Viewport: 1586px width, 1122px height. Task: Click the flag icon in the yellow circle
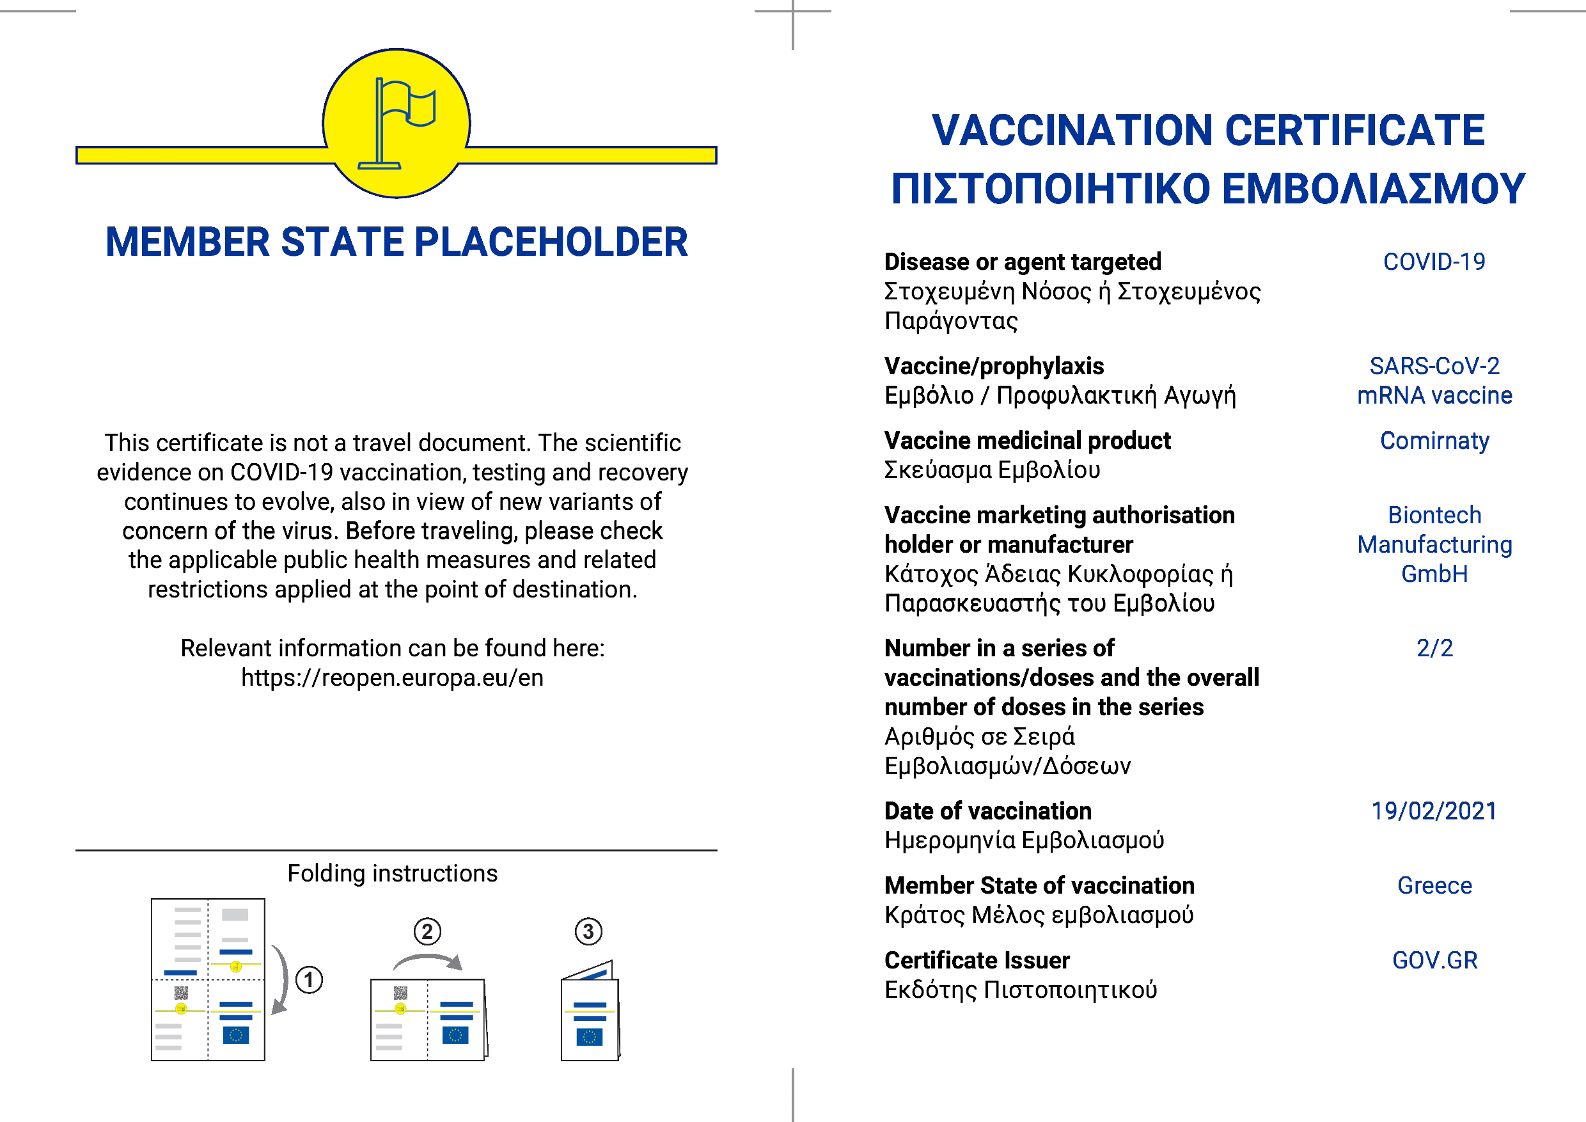396,123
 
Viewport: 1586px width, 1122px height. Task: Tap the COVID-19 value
1434,262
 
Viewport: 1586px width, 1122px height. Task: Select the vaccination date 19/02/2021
1434,810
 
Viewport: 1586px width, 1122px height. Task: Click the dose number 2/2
1434,648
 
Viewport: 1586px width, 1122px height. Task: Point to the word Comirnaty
1434,441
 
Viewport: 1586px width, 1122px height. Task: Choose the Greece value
1434,885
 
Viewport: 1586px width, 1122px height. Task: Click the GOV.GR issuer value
1434,960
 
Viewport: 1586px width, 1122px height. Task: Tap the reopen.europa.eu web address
393,678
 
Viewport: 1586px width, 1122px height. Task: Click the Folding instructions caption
393,873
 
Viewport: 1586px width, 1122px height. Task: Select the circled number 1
309,980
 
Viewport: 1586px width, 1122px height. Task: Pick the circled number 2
428,931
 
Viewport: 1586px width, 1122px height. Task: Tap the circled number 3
588,931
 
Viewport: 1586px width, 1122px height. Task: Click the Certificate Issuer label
977,960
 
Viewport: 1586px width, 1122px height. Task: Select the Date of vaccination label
988,810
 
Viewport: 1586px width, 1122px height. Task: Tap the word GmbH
1434,574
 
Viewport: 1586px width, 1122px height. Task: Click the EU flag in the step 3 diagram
589,1036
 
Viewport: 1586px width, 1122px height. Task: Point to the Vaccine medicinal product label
1027,441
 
